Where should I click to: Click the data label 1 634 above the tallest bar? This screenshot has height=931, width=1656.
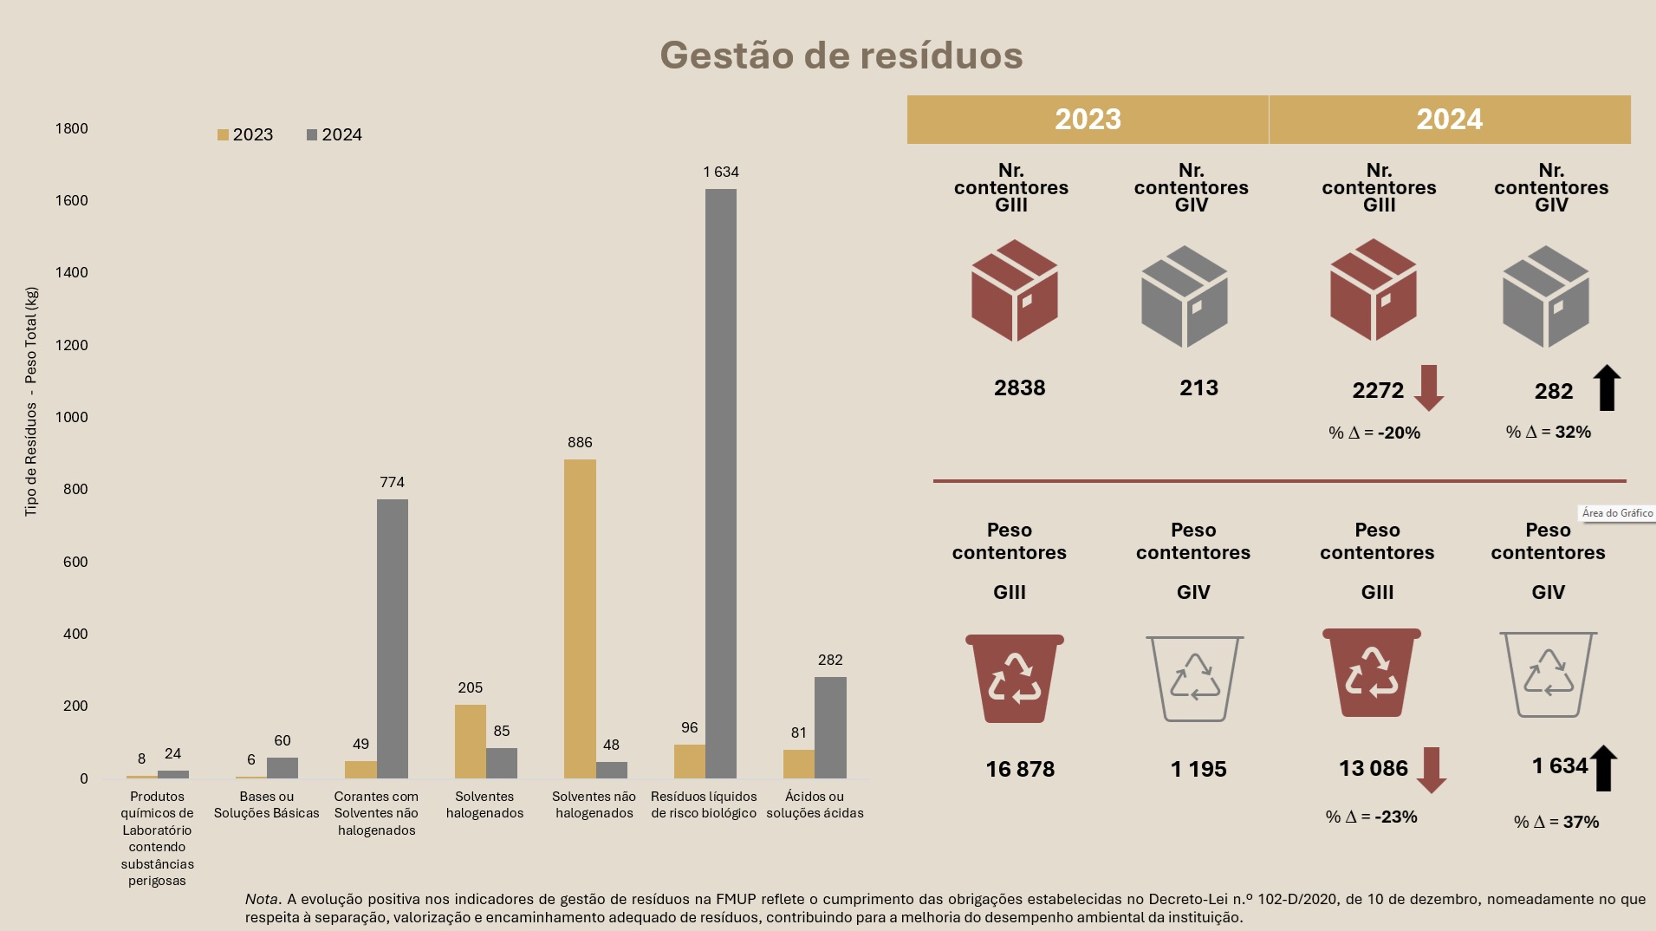[x=721, y=172]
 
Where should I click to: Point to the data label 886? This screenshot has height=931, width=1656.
[x=580, y=442]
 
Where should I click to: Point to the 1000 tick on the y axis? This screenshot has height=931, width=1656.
[x=71, y=417]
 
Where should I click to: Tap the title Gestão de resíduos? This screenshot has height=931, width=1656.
[x=841, y=55]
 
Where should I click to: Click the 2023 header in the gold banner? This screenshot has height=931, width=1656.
[x=1088, y=119]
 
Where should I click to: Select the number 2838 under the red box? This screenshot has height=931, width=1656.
[x=1019, y=387]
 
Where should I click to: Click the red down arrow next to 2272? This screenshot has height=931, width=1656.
[x=1428, y=387]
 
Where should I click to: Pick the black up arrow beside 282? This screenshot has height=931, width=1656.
[x=1607, y=387]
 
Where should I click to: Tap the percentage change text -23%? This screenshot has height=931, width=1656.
[x=1372, y=817]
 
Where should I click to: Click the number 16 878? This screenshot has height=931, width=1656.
[x=1020, y=769]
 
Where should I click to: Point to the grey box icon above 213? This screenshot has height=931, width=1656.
[x=1185, y=296]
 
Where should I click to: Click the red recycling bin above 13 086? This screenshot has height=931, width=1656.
[x=1371, y=673]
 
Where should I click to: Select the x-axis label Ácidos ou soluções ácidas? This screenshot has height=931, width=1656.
[x=815, y=804]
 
